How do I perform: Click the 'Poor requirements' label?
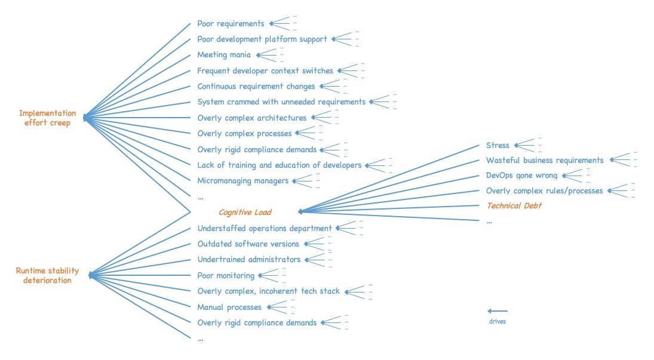[x=231, y=24]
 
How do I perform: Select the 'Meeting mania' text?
[x=224, y=55]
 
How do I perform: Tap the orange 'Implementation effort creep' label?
[x=47, y=118]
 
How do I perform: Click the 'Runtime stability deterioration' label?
[x=47, y=275]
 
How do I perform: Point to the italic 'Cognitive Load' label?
[x=245, y=212]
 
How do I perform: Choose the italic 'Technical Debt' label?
[x=514, y=206]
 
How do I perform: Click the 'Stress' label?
[x=498, y=145]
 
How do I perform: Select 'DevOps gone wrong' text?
[x=521, y=176]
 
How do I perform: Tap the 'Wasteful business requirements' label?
[x=545, y=160]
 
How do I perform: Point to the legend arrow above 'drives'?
[x=498, y=311]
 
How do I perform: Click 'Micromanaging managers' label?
[x=242, y=180]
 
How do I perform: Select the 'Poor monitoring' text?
[x=226, y=275]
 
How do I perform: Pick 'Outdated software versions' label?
[x=248, y=244]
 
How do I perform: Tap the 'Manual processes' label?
[x=229, y=307]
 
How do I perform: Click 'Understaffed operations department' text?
[x=264, y=228]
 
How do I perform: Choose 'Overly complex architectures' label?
[x=251, y=118]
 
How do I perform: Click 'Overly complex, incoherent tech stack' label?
[x=268, y=291]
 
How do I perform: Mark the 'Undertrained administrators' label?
[x=248, y=260]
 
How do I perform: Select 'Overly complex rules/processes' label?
[x=545, y=191]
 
